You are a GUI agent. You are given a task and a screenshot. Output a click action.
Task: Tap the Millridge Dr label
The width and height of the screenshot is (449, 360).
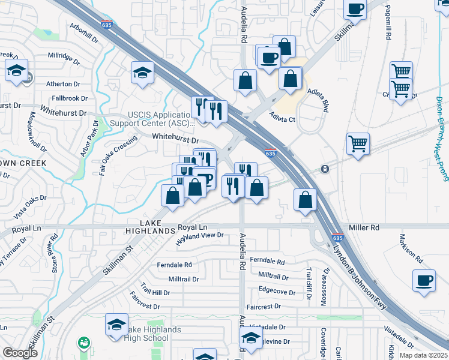coord(64,59)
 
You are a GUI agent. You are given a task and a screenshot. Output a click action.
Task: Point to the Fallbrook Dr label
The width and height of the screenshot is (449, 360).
coord(70,98)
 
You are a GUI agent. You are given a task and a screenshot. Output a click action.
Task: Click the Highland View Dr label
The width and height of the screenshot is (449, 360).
coord(199,239)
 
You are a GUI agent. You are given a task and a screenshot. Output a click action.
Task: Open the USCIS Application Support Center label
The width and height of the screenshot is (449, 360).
coord(160,119)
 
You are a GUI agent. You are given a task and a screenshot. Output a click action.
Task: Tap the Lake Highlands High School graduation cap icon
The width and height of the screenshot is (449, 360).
coord(116,324)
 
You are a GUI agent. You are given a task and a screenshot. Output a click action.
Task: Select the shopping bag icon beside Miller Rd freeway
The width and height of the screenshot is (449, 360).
coord(306,200)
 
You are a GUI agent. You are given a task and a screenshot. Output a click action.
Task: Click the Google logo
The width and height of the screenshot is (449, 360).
coord(20,353)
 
